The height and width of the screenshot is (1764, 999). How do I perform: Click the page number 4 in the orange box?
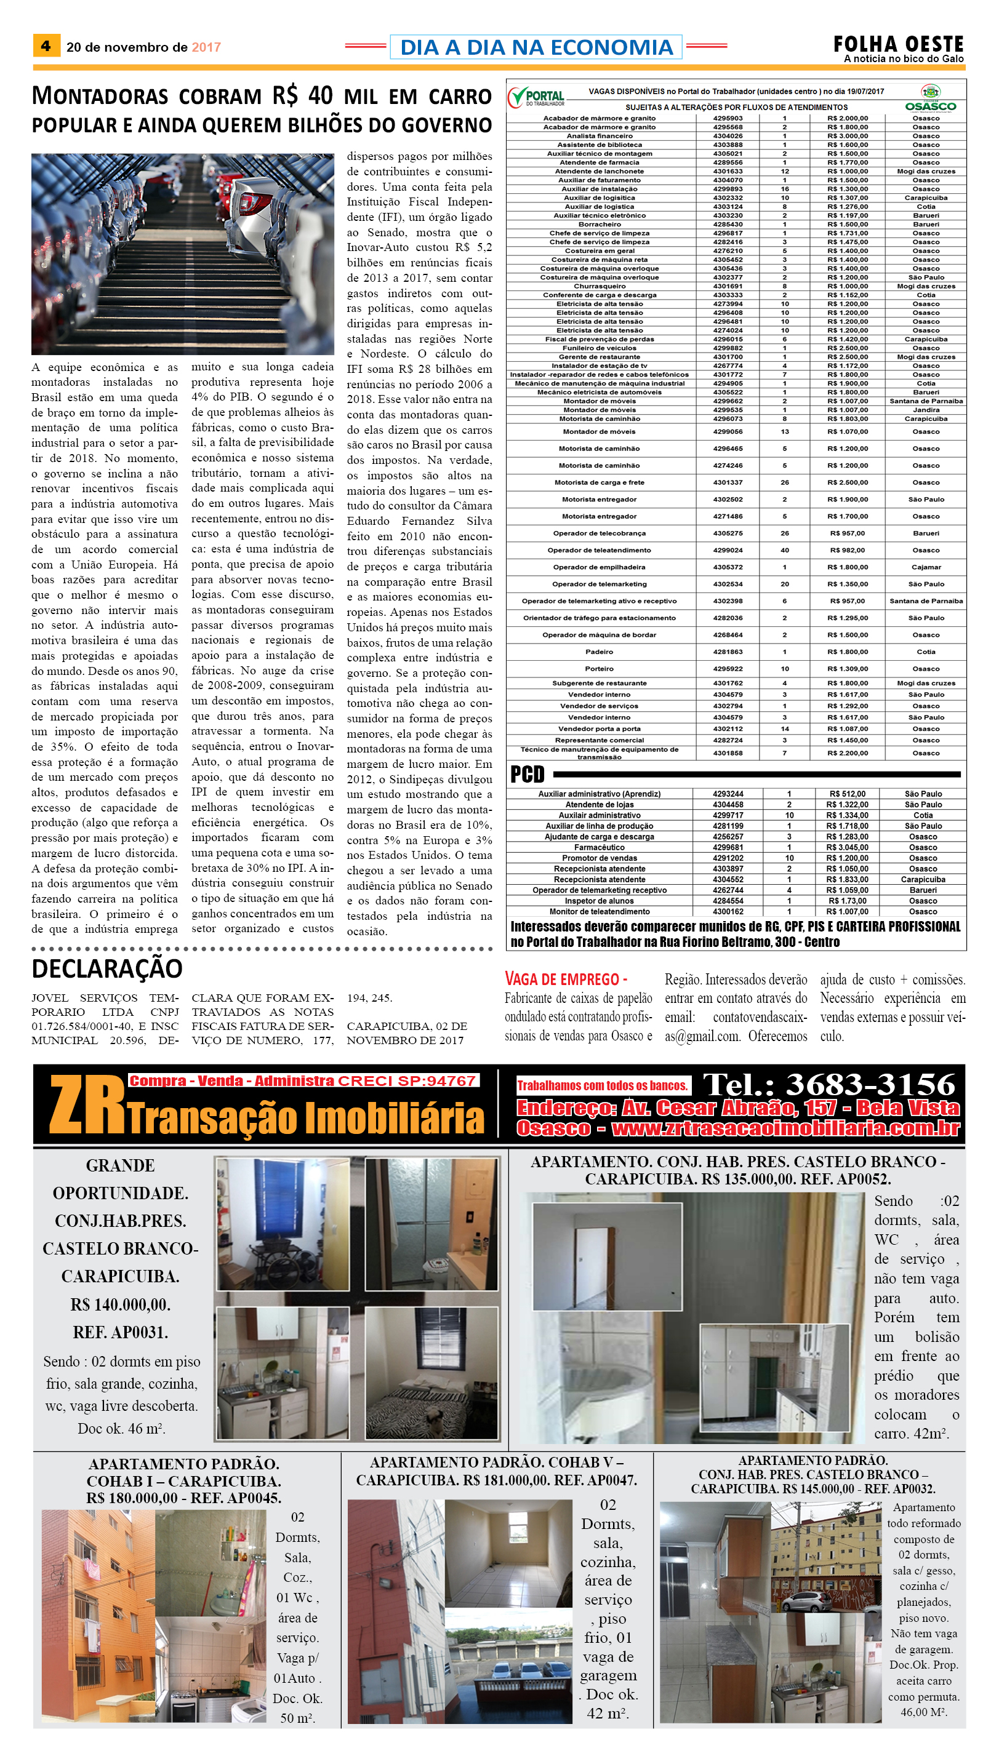(x=46, y=46)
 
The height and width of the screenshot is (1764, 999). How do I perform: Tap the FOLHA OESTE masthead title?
(x=897, y=44)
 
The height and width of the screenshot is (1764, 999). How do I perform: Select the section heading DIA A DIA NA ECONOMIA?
(x=536, y=47)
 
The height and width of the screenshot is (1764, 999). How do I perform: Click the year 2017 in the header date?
(x=206, y=47)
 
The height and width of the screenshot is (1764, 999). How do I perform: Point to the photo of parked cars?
(x=183, y=253)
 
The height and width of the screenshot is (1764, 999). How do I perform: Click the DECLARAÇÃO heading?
(x=107, y=968)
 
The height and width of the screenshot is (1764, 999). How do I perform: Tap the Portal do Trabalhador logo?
(x=537, y=97)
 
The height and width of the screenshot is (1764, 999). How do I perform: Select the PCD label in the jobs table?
(x=527, y=774)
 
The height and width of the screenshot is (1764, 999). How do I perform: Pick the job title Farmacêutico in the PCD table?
(x=599, y=847)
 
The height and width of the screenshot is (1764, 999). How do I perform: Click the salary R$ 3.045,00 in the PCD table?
(x=847, y=847)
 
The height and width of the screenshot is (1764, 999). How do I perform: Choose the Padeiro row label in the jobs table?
(x=599, y=652)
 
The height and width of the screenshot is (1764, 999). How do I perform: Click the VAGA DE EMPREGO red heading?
(x=566, y=979)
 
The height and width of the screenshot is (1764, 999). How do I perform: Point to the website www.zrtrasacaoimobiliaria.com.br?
(x=785, y=1128)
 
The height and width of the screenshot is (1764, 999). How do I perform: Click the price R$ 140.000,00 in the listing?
(x=120, y=1304)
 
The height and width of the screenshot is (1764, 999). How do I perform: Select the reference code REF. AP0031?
(x=120, y=1332)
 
